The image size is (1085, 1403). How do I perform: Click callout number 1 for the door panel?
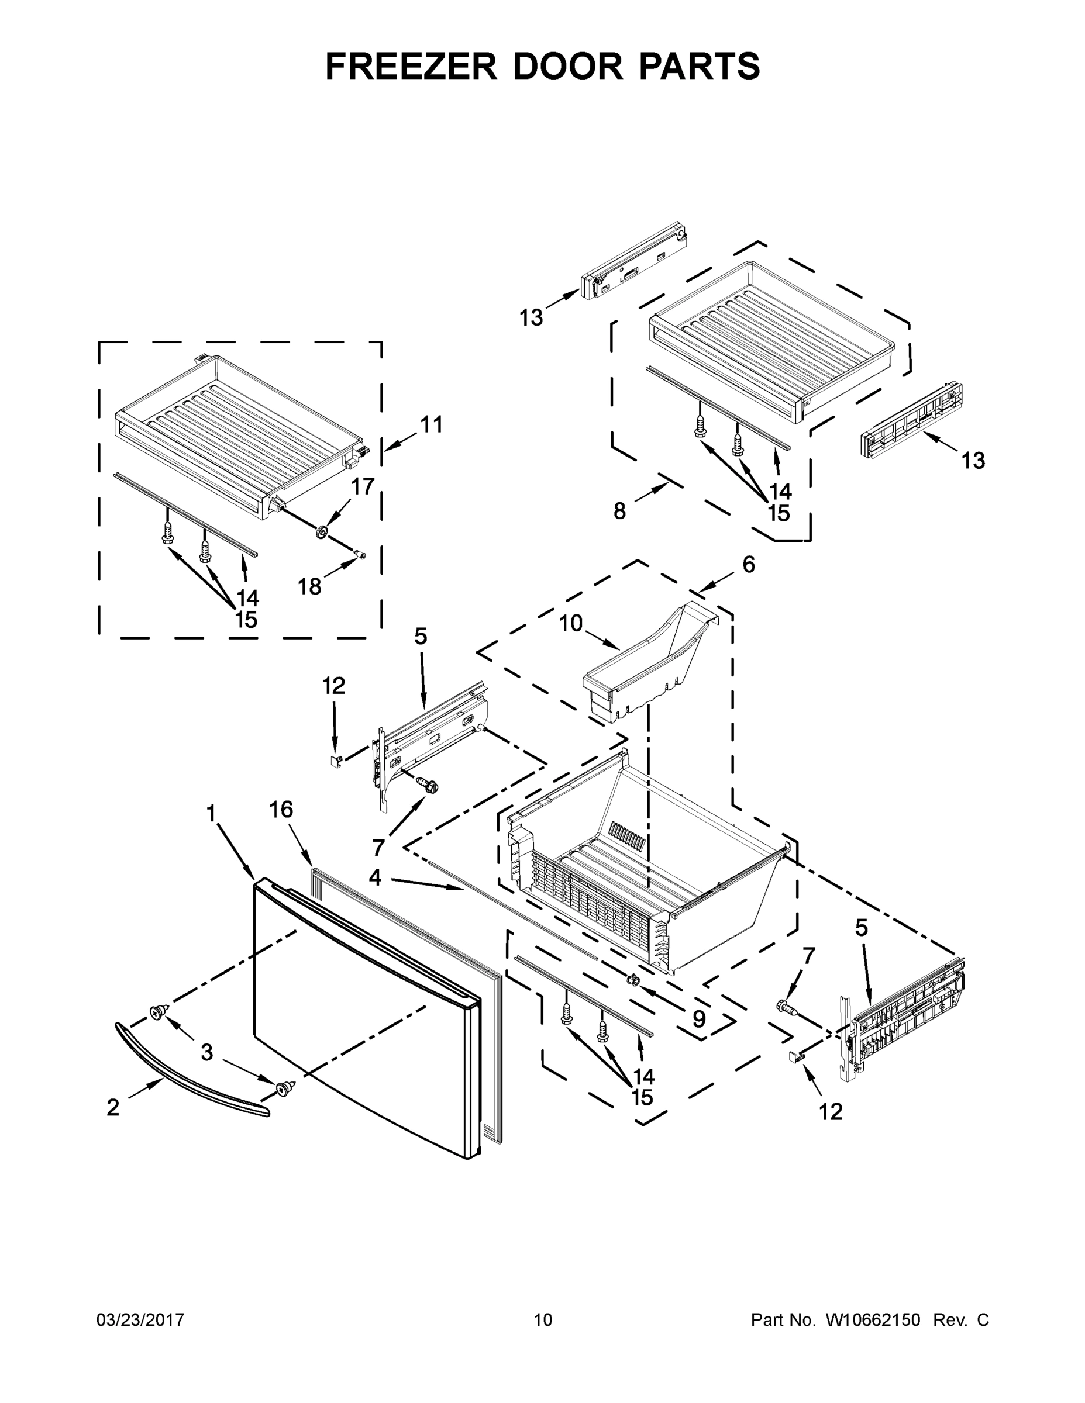(210, 813)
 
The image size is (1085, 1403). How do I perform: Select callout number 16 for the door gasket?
(281, 810)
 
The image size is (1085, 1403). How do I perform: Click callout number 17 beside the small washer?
(363, 486)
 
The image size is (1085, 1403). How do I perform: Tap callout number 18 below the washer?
(310, 586)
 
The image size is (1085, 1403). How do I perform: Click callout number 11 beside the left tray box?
(431, 424)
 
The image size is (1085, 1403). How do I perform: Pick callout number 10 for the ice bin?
(570, 623)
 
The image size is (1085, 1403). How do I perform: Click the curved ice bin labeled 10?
(649, 671)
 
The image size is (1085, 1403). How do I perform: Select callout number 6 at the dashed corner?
(748, 564)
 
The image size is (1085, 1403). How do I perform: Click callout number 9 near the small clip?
(699, 1019)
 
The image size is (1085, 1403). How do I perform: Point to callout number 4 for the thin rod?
(375, 877)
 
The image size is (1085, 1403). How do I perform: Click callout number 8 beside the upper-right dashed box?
(619, 511)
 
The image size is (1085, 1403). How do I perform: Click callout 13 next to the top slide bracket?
(532, 317)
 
